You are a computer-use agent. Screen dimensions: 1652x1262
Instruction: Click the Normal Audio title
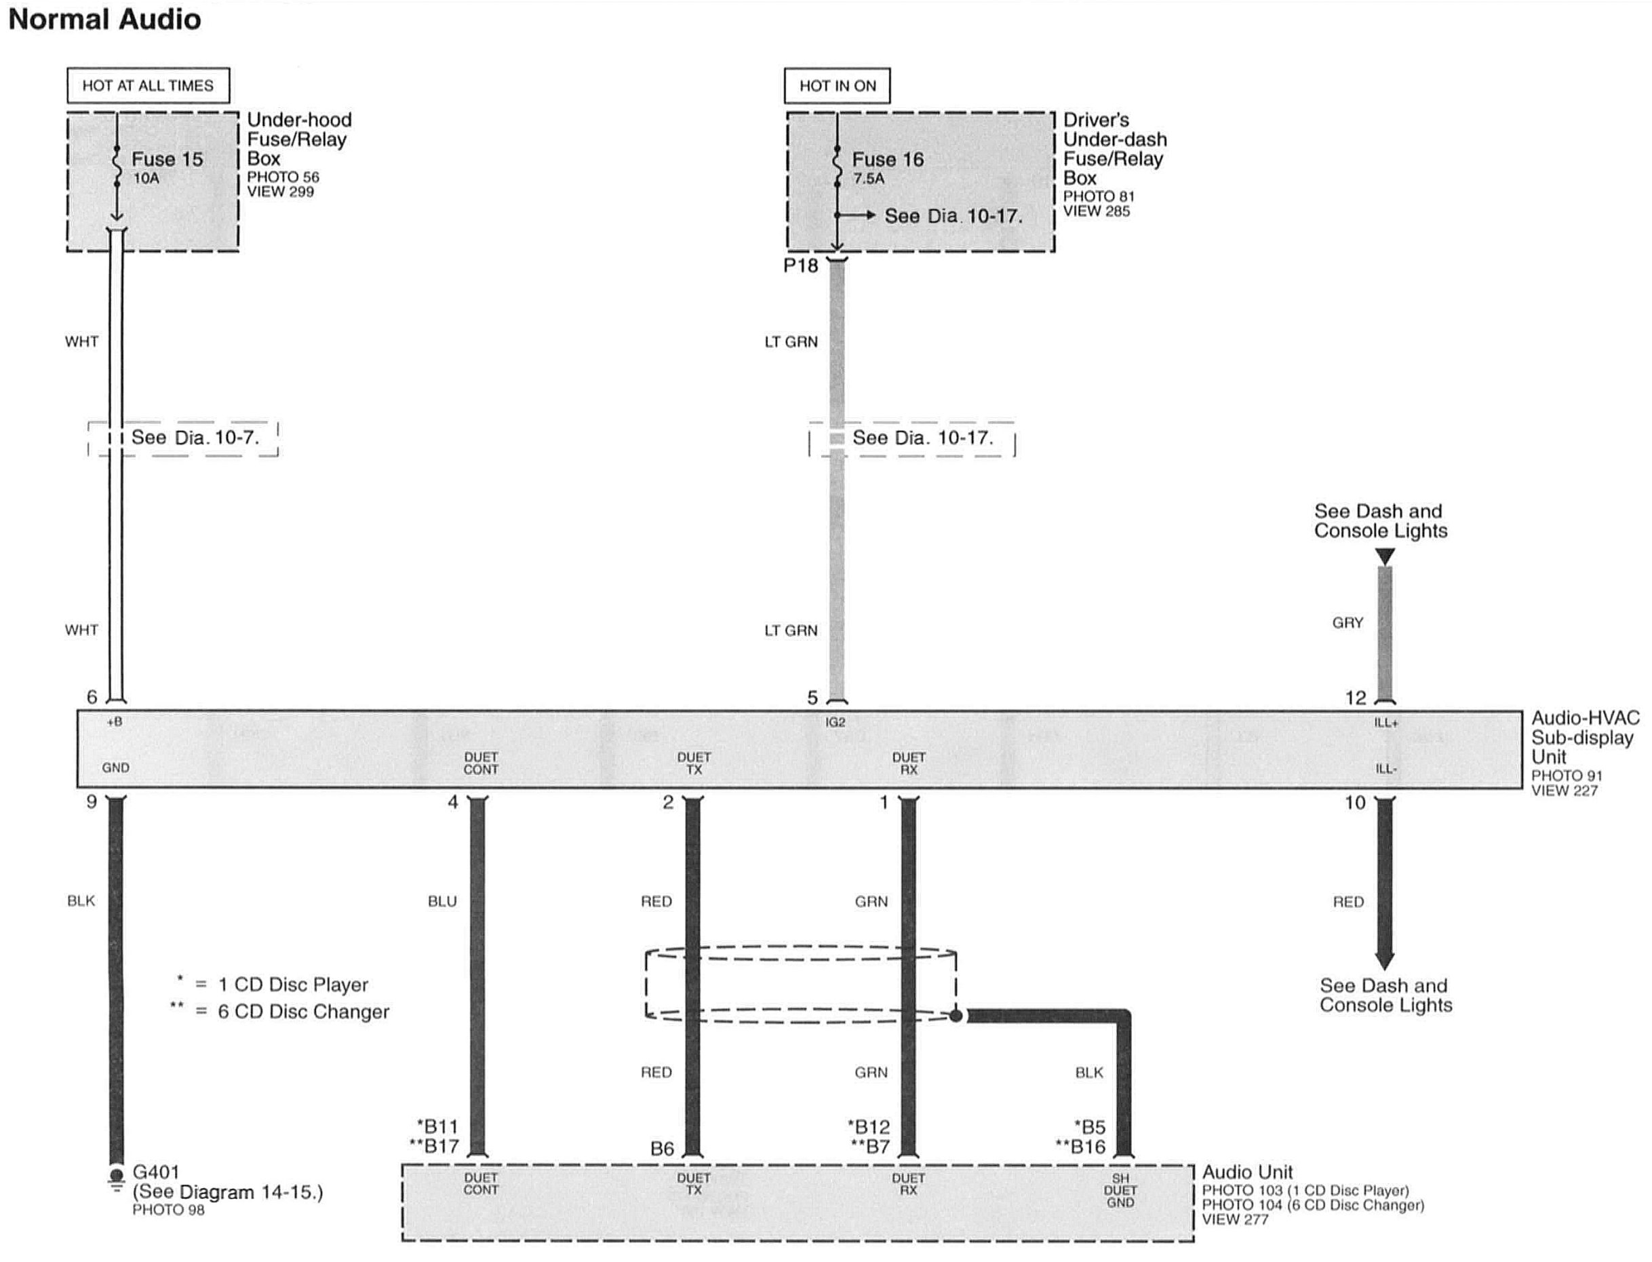[104, 19]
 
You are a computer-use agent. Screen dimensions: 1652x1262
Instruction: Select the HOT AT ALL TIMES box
[148, 85]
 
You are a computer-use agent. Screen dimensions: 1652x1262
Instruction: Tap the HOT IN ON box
[838, 85]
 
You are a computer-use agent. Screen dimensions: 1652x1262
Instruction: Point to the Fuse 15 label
[167, 159]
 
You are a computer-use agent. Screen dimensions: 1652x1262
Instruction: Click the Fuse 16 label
[888, 159]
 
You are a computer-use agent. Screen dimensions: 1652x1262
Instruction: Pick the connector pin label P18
[800, 266]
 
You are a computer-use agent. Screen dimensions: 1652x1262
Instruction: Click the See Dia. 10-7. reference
[195, 437]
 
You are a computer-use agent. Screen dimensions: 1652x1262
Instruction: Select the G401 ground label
[155, 1172]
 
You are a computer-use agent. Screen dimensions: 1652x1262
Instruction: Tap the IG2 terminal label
[835, 722]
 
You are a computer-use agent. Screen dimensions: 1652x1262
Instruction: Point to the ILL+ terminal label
[1386, 723]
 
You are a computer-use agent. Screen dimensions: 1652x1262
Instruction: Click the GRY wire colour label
[1348, 623]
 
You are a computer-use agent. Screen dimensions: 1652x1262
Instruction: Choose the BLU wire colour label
[442, 902]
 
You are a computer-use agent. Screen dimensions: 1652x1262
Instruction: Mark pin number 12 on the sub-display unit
[1356, 698]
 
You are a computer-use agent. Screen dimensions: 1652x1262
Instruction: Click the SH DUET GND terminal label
[1120, 1191]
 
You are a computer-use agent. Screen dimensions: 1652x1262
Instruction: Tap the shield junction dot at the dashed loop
[956, 1016]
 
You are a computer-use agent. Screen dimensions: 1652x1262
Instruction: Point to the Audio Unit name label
[1247, 1172]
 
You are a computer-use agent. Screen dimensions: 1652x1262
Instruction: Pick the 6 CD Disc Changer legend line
[279, 1012]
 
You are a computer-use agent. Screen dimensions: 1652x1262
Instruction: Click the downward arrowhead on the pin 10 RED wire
[1385, 961]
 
